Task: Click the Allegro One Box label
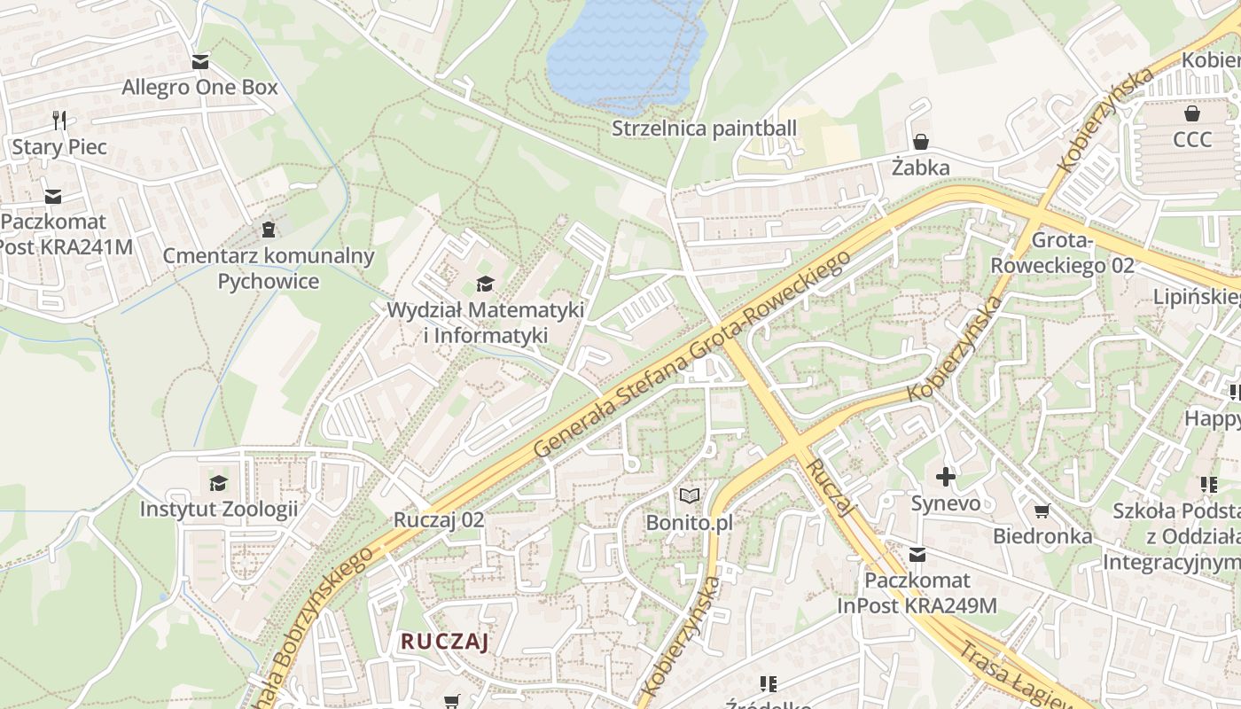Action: pyautogui.click(x=199, y=88)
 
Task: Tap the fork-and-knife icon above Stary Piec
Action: pyautogui.click(x=59, y=120)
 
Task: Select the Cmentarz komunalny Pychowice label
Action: pyautogui.click(x=269, y=268)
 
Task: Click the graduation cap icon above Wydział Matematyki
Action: pyautogui.click(x=485, y=284)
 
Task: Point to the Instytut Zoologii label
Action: pyautogui.click(x=218, y=510)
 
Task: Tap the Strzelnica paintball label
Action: pyautogui.click(x=705, y=129)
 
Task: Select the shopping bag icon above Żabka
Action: pyautogui.click(x=921, y=142)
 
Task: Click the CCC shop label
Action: pyautogui.click(x=1191, y=140)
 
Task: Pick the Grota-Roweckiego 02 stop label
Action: pyautogui.click(x=1061, y=253)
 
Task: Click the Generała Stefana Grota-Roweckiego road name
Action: pyautogui.click(x=691, y=354)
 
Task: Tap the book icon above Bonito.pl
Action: pyautogui.click(x=690, y=496)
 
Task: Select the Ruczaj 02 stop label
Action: pyautogui.click(x=439, y=520)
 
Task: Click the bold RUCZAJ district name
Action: pyautogui.click(x=444, y=642)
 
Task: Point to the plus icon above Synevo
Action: pyautogui.click(x=946, y=477)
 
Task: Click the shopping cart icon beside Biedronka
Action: pyautogui.click(x=1042, y=510)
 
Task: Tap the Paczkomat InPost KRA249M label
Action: pyautogui.click(x=917, y=593)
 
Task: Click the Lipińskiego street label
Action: pyautogui.click(x=1197, y=296)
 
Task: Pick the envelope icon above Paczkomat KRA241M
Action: pyautogui.click(x=53, y=196)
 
